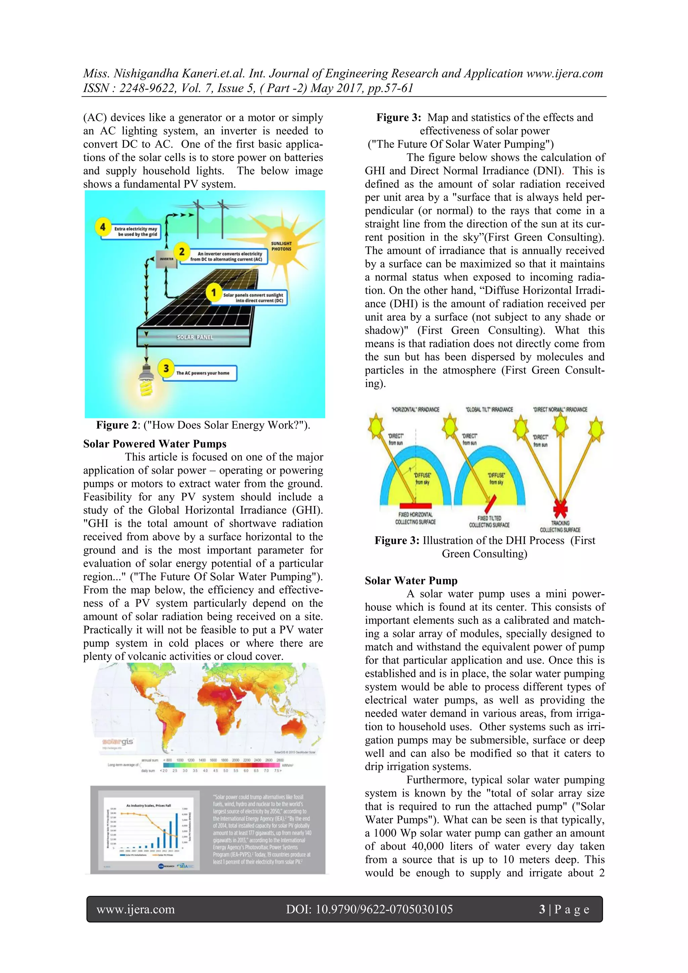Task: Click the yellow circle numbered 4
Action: tap(102, 227)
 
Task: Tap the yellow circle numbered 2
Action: tap(182, 251)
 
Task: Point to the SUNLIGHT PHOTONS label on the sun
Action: tap(281, 246)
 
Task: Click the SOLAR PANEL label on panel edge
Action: tap(195, 337)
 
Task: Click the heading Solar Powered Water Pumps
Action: tap(155, 444)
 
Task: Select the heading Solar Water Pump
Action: tap(411, 580)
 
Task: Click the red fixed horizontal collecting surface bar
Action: tap(415, 505)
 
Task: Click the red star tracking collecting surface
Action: tap(560, 509)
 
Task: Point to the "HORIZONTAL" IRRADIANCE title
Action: tap(415, 410)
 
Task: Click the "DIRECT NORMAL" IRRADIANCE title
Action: tap(560, 410)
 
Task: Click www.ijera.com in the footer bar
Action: tap(136, 909)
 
